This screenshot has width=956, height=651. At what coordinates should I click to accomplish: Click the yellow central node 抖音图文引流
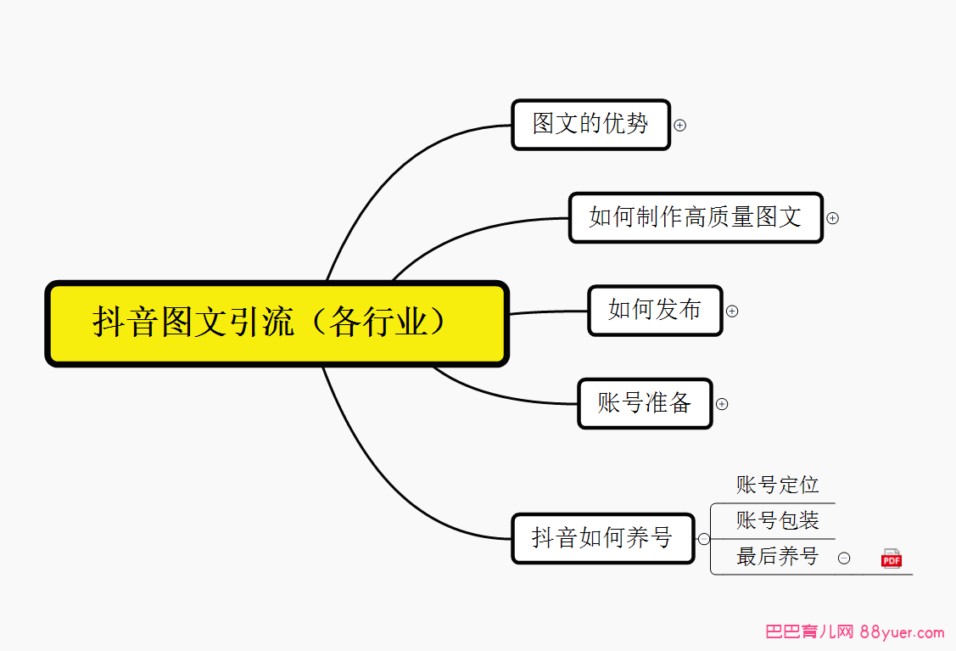277,323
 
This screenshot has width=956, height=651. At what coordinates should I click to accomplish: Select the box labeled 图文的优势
590,125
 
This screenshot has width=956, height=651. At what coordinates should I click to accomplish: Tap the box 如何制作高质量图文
696,218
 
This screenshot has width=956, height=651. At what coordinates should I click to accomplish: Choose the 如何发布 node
655,311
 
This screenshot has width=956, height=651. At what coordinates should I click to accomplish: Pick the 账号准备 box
645,403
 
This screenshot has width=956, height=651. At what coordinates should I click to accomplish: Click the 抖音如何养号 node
603,538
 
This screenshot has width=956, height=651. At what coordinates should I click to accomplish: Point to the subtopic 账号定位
777,485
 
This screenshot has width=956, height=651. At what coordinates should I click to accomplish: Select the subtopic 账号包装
777,520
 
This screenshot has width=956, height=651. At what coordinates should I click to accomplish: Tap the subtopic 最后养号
777,557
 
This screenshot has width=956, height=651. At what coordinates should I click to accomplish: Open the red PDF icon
892,558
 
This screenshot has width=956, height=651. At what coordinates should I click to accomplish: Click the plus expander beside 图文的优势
679,125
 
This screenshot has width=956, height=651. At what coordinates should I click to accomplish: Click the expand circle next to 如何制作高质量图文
832,218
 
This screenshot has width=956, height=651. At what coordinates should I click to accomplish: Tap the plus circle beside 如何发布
732,311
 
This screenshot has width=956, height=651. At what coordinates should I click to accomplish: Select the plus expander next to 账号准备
722,404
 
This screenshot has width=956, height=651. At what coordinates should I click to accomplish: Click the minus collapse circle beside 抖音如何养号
703,539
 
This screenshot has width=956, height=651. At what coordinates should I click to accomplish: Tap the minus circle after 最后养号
844,558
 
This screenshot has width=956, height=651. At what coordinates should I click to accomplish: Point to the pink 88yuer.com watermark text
902,632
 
